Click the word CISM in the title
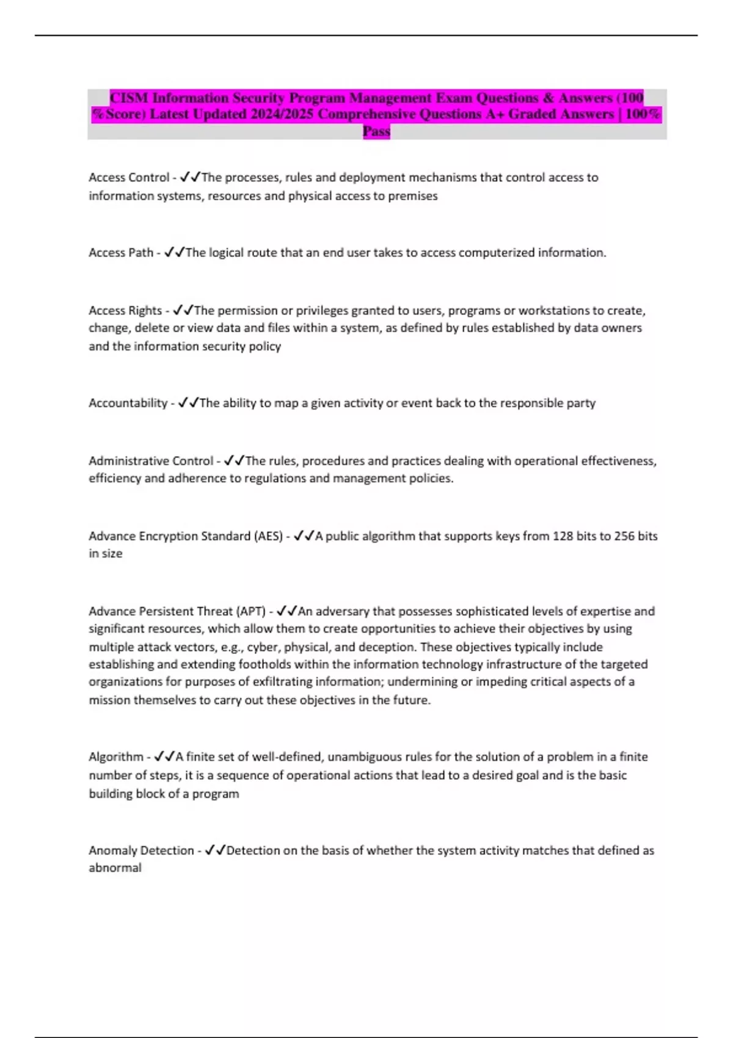(129, 98)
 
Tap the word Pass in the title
(376, 131)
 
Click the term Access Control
(129, 178)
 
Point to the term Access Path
(121, 253)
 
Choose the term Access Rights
(125, 310)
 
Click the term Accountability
(128, 403)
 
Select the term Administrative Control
(151, 461)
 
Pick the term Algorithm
(116, 757)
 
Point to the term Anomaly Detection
(141, 851)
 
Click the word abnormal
(115, 868)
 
